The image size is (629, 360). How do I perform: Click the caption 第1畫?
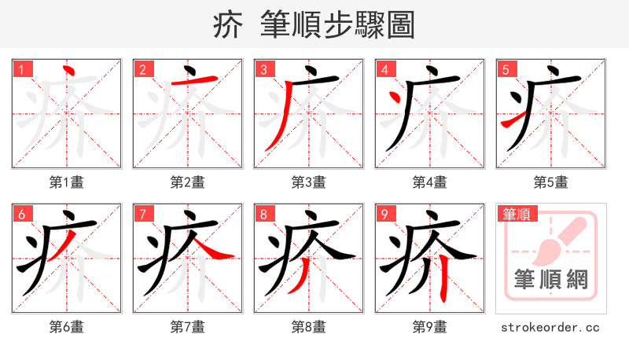67,182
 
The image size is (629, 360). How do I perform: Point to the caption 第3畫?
309,182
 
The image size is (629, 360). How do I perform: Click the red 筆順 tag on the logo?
515,214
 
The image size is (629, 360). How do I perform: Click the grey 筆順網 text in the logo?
551,278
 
